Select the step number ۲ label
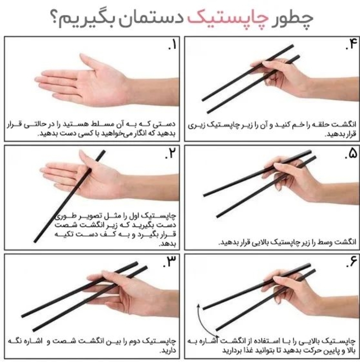pyautogui.click(x=172, y=155)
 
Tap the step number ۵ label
pyautogui.click(x=351, y=155)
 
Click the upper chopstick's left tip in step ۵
pyautogui.click(x=205, y=195)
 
